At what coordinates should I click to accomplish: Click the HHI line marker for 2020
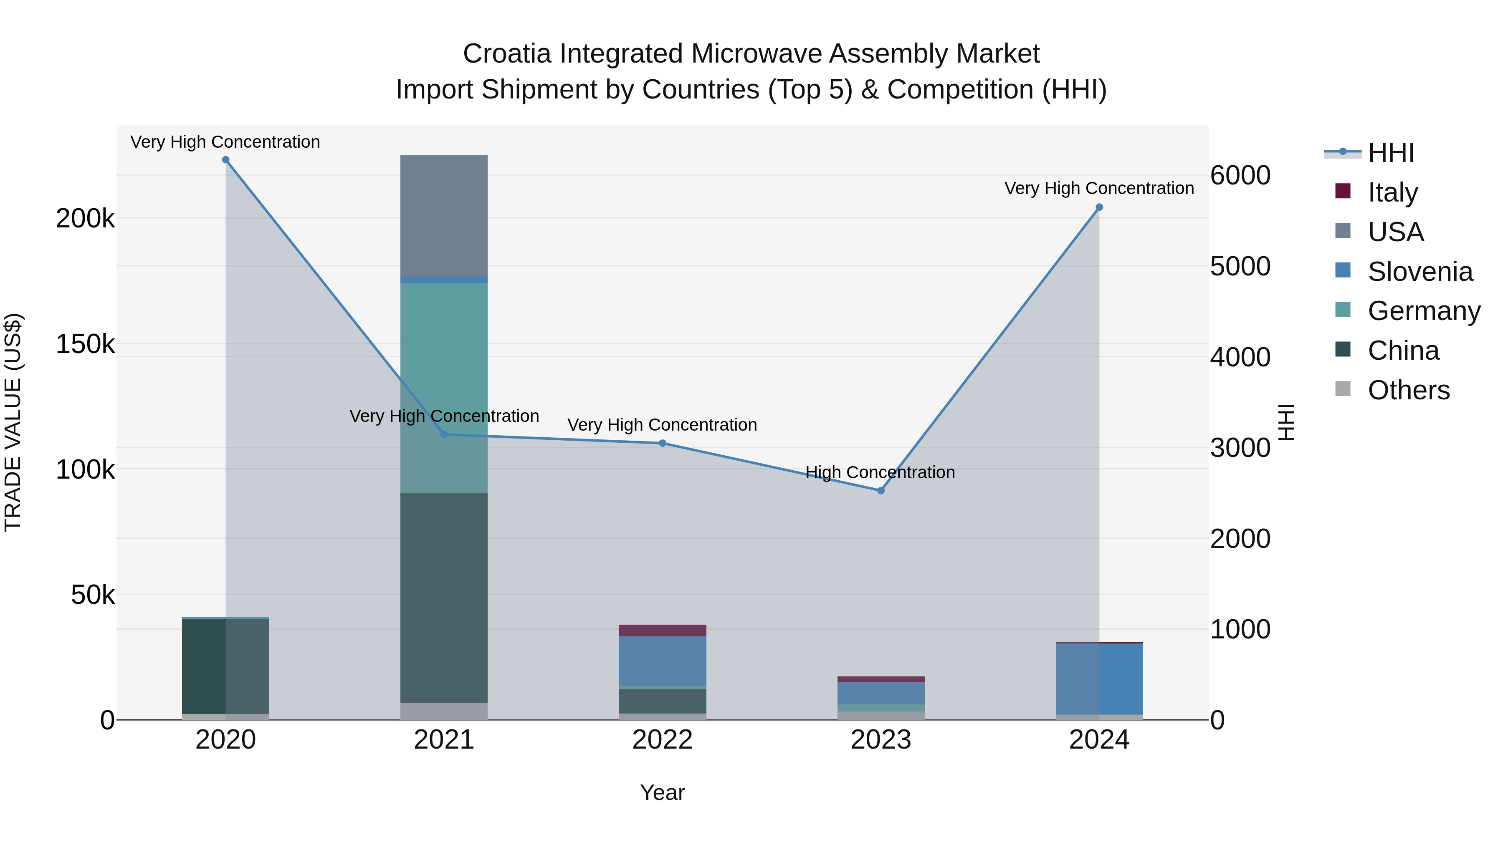click(x=226, y=160)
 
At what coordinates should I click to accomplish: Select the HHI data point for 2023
click(x=881, y=490)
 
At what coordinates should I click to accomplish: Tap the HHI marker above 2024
click(x=1099, y=207)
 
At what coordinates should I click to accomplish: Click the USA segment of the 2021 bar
click(x=444, y=216)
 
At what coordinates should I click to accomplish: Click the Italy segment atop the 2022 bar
click(x=662, y=631)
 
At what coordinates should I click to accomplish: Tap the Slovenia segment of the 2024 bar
click(x=1099, y=679)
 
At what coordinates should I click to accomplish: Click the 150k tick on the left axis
click(x=85, y=344)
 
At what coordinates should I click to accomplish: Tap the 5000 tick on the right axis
click(x=1240, y=267)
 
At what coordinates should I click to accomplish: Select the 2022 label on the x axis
click(x=662, y=740)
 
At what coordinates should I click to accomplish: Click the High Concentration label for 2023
click(x=880, y=472)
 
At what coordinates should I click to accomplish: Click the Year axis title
click(x=662, y=792)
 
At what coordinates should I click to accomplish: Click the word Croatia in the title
click(x=506, y=54)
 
